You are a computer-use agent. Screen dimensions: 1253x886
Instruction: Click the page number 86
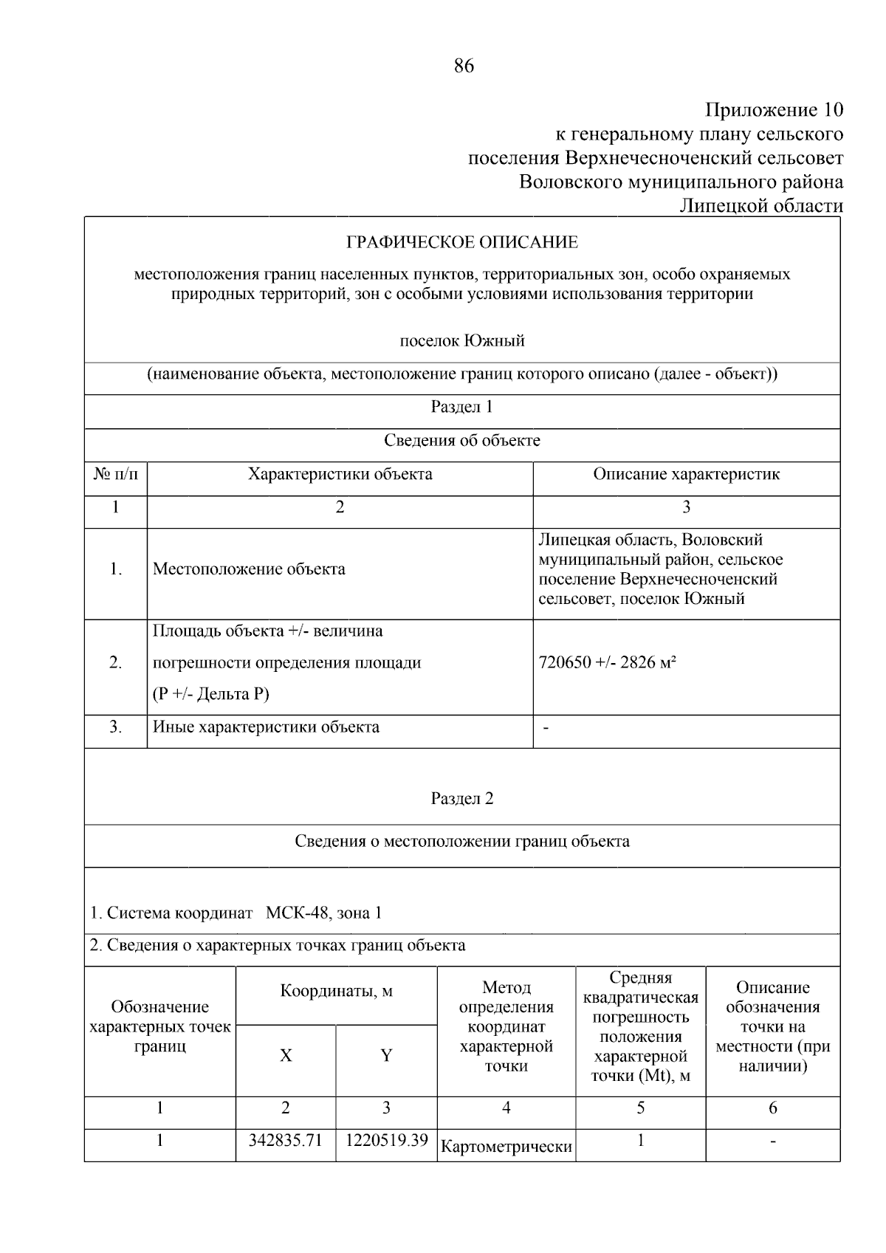coord(463,66)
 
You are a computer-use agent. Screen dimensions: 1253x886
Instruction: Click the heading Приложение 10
coord(773,111)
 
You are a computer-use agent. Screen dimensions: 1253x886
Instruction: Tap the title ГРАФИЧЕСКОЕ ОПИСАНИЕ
coord(462,242)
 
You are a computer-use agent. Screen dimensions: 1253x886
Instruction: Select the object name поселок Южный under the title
coord(462,341)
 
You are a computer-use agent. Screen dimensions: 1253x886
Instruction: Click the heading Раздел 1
coord(462,407)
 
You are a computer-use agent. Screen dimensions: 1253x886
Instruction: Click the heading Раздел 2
coord(462,798)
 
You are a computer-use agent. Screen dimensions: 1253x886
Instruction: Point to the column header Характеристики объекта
coord(340,474)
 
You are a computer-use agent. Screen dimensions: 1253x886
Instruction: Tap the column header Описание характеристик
coord(686,474)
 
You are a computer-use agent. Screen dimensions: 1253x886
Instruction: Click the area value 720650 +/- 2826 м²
coord(608,662)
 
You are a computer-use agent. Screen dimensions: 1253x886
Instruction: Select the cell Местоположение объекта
coord(249,569)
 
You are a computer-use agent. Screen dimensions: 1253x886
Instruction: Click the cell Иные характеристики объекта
coord(266,727)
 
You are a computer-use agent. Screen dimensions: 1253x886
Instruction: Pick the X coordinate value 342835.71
coord(286,1140)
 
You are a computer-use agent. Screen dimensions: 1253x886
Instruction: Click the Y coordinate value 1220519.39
coord(386,1140)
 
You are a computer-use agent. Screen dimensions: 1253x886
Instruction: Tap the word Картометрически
coord(506,1147)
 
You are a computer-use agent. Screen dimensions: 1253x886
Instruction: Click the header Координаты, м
coord(336,991)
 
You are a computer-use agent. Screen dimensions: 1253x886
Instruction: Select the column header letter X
coord(286,1056)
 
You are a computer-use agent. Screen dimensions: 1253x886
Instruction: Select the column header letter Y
coord(386,1056)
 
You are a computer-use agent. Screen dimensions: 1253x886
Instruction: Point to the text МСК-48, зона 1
coord(323,913)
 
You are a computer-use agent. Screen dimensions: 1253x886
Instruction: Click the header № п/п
coord(116,474)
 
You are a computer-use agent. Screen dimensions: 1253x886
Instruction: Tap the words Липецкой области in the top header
coord(760,206)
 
